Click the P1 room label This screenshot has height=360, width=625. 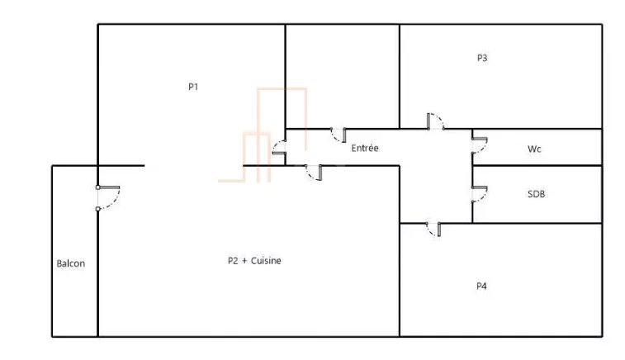click(193, 87)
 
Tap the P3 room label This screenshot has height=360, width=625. click(482, 58)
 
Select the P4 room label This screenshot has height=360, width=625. click(481, 286)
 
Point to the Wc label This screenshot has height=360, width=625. click(534, 149)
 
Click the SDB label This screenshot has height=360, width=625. click(536, 194)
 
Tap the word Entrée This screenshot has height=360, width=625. click(365, 148)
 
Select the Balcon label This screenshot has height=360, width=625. click(70, 263)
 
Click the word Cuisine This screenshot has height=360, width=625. click(266, 261)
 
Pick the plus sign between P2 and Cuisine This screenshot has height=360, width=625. click(244, 261)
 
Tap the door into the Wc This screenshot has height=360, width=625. click(480, 145)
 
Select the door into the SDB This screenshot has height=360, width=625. click(480, 194)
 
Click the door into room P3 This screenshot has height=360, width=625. click(436, 121)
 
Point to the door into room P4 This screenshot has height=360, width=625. click(433, 230)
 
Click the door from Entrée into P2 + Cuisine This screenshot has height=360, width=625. click(314, 173)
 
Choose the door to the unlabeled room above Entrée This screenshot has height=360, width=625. click(339, 135)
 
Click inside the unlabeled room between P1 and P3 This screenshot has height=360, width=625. click(343, 77)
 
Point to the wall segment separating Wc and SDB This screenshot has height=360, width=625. click(537, 165)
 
